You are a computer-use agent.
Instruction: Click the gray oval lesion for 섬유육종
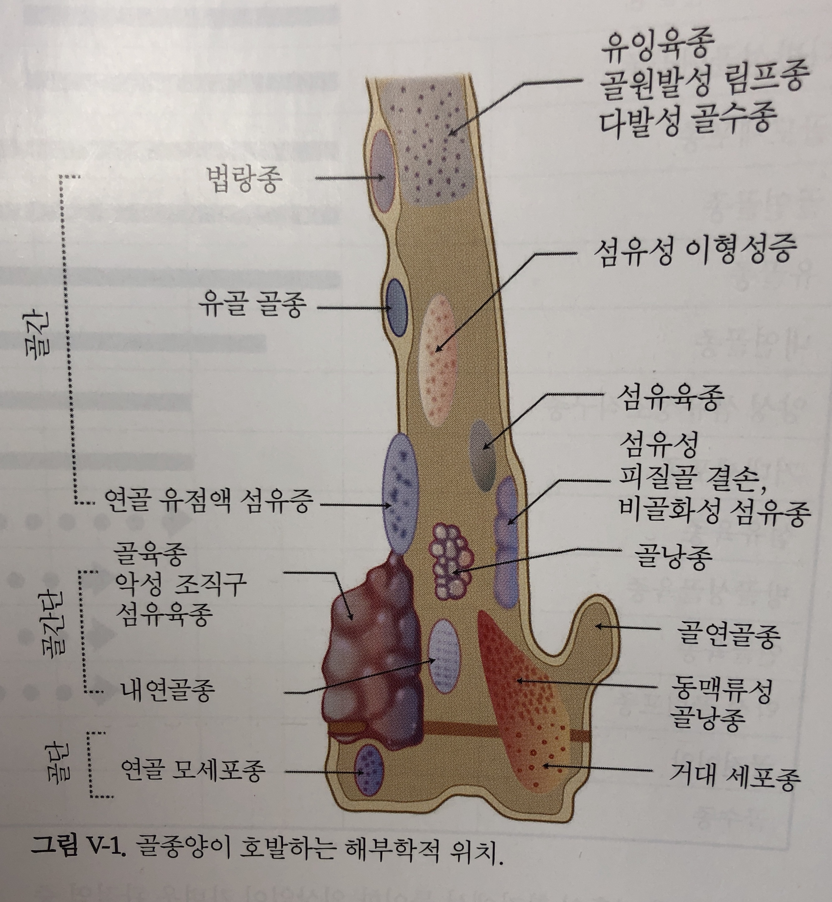pyautogui.click(x=483, y=455)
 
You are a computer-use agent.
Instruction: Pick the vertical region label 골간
pyautogui.click(x=43, y=336)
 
